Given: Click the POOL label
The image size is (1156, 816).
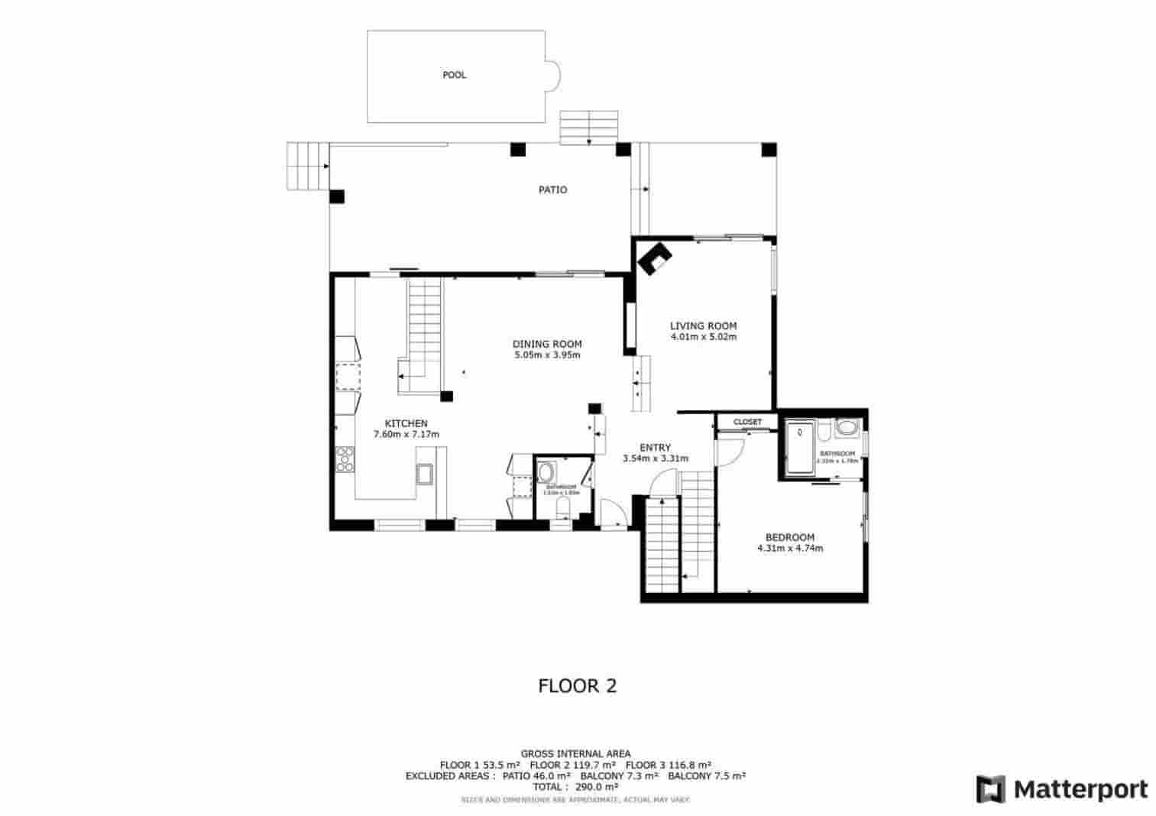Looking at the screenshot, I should click(x=454, y=75).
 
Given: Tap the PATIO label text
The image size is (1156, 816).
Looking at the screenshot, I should click(x=552, y=189).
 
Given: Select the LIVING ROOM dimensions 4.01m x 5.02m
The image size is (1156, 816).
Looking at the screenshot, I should click(x=703, y=336).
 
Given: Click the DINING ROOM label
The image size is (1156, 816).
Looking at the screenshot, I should click(x=547, y=344).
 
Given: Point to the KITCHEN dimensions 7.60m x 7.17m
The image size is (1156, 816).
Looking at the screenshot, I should click(x=406, y=434).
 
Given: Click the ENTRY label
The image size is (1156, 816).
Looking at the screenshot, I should click(x=655, y=448).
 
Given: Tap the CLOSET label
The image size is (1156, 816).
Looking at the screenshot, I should click(x=747, y=422).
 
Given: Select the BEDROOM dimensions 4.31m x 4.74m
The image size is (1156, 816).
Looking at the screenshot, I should click(x=789, y=548).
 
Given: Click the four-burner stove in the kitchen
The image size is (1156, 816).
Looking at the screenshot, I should click(x=345, y=458).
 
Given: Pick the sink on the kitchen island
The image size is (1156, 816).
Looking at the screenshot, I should click(x=424, y=474).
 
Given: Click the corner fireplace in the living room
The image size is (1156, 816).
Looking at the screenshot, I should click(x=654, y=257).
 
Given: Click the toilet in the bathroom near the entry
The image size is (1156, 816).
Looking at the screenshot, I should click(x=564, y=507).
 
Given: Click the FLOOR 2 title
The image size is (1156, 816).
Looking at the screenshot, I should click(x=577, y=685).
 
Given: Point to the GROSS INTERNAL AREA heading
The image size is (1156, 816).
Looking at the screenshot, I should click(x=575, y=753).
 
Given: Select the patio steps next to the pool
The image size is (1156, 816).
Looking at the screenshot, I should click(x=588, y=127).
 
